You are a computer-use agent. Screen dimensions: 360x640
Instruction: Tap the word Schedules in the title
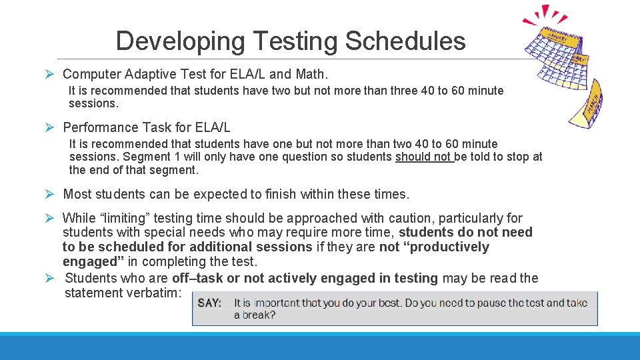(x=405, y=41)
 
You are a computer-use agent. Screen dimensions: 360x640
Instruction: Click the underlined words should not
(x=423, y=157)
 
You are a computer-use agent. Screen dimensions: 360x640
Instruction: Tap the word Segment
(x=147, y=157)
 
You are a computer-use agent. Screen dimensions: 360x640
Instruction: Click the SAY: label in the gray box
(x=210, y=303)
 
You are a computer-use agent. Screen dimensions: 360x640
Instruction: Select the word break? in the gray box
(x=255, y=315)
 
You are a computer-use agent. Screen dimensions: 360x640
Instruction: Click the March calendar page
(x=587, y=103)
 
